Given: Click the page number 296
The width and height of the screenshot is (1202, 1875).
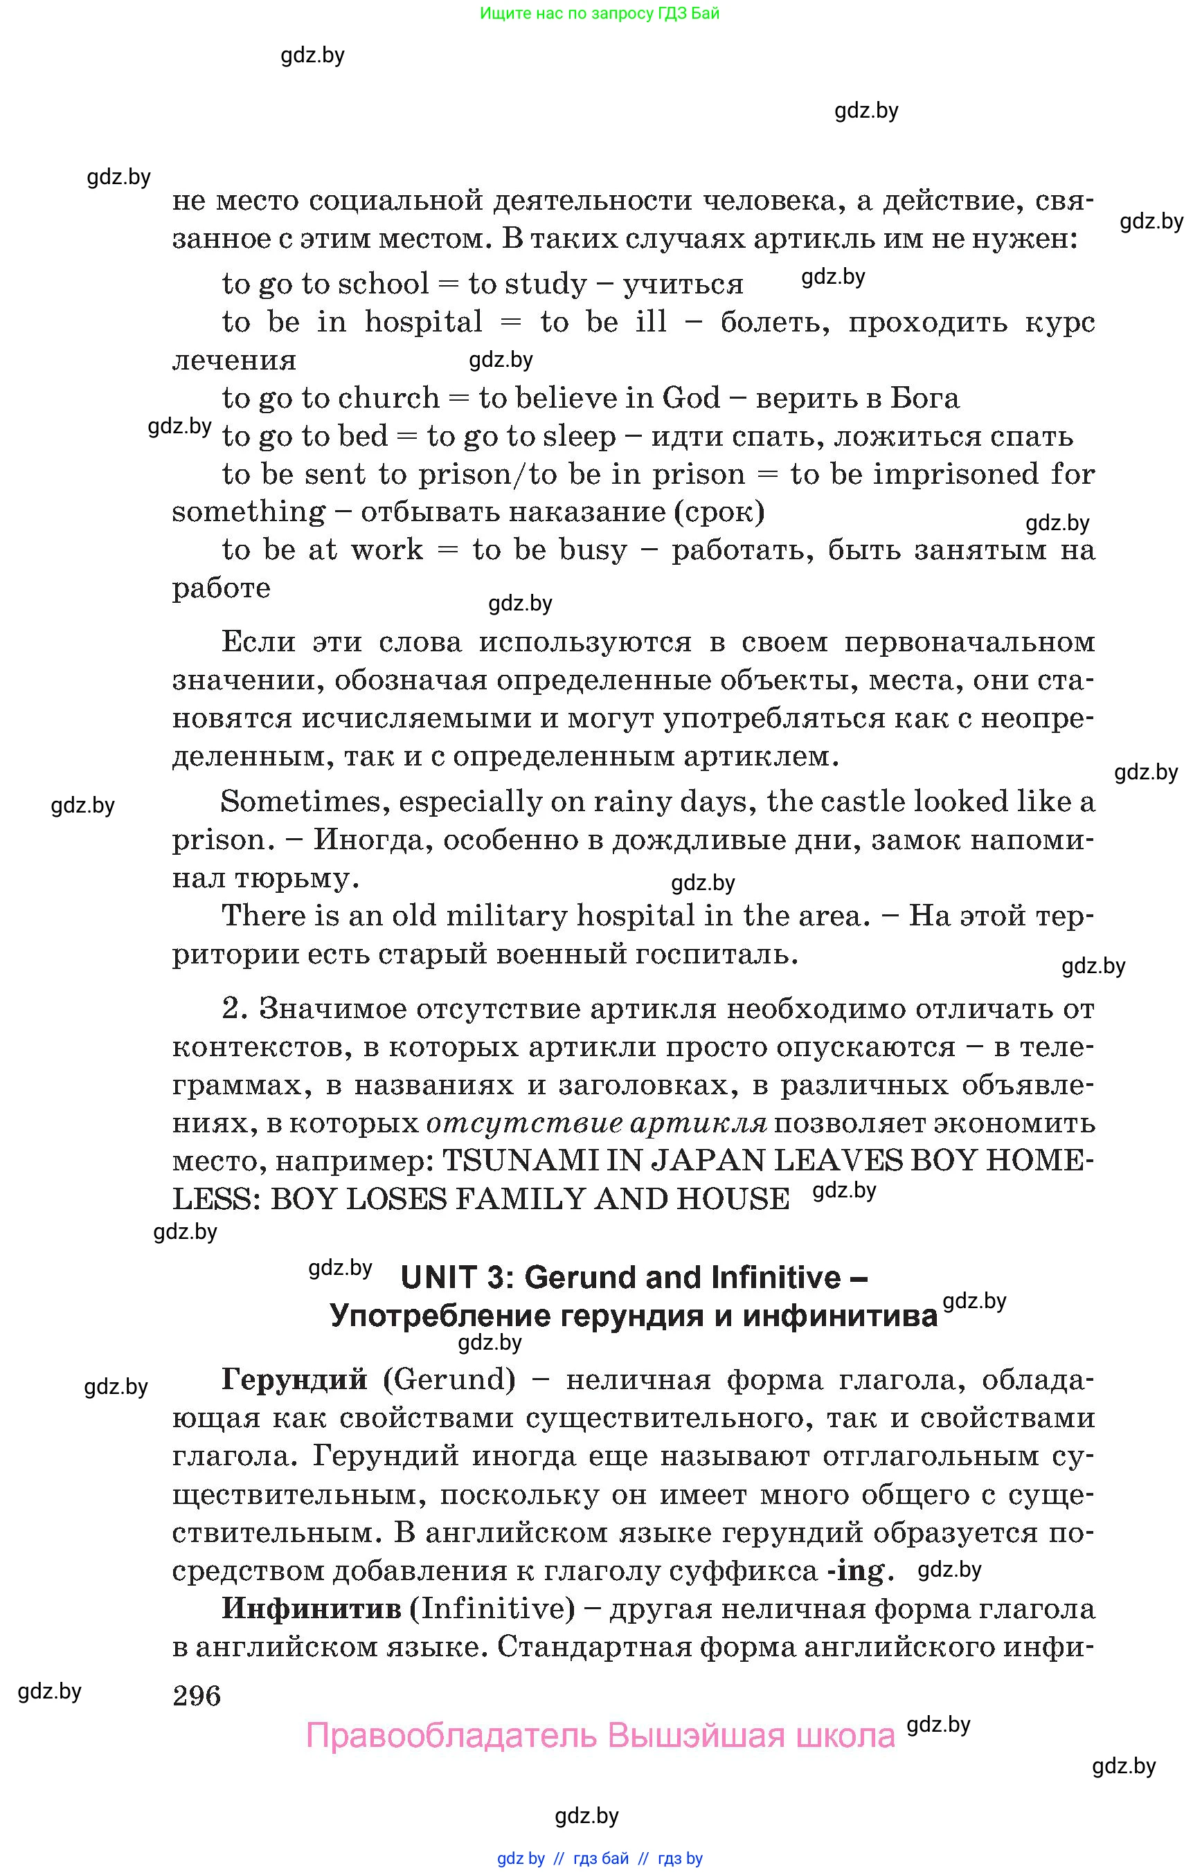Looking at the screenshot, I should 197,1696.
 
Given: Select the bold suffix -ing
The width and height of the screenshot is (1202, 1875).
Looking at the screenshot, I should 856,1570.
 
